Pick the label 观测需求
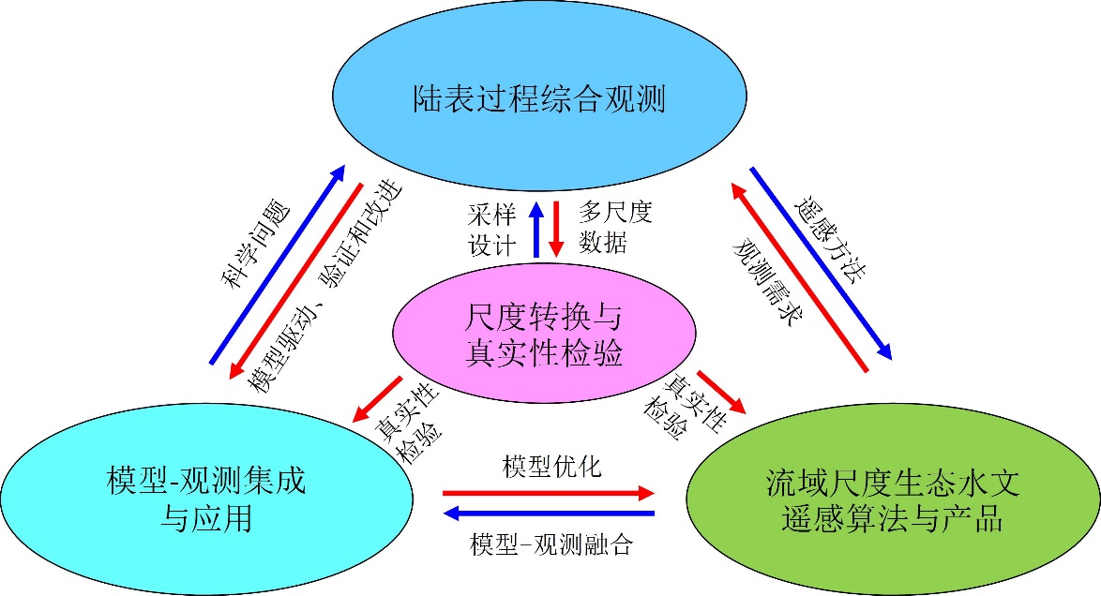click(x=764, y=281)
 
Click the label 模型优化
click(x=551, y=466)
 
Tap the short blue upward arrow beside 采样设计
click(x=536, y=230)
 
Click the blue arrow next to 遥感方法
click(x=820, y=262)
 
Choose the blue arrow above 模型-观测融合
click(x=548, y=513)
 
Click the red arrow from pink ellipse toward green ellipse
click(x=721, y=392)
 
